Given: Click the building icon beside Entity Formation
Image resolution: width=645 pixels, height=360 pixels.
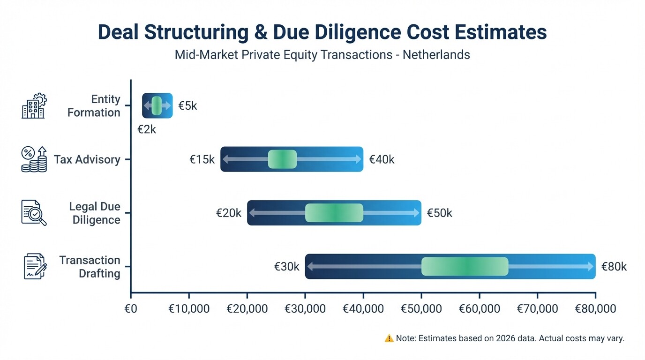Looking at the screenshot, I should [34, 105].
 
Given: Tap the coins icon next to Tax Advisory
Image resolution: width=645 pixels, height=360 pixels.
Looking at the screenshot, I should [34, 159].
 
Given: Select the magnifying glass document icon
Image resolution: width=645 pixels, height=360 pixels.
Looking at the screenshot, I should [34, 213].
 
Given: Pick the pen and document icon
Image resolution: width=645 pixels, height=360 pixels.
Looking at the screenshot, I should [35, 266].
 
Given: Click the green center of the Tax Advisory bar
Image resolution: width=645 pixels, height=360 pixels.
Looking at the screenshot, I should [282, 159].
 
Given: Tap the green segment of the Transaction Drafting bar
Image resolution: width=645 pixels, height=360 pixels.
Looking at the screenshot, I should [465, 266].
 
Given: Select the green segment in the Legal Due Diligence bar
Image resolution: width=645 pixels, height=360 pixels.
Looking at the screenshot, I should [334, 213].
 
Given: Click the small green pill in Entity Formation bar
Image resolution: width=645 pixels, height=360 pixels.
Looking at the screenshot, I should [157, 105].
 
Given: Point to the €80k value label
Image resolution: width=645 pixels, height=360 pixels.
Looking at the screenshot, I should [614, 267].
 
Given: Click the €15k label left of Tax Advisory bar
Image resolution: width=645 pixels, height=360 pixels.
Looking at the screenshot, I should [202, 160].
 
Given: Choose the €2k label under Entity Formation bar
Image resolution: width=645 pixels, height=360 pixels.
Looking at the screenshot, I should [147, 129].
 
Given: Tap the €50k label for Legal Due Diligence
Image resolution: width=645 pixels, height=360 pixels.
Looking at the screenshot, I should [439, 213].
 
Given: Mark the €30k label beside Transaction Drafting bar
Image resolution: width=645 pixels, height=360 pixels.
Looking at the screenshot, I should [286, 267].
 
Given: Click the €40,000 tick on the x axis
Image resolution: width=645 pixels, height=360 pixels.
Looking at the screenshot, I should [363, 308].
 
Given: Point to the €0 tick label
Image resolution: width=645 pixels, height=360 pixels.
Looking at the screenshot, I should [131, 308].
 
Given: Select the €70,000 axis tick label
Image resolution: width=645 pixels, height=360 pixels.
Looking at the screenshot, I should [537, 308].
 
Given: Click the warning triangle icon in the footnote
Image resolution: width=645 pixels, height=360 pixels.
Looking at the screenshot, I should [389, 338].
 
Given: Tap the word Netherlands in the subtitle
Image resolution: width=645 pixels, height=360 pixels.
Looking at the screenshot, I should [436, 55].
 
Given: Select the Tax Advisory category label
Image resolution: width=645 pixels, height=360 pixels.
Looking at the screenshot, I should [87, 159].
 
